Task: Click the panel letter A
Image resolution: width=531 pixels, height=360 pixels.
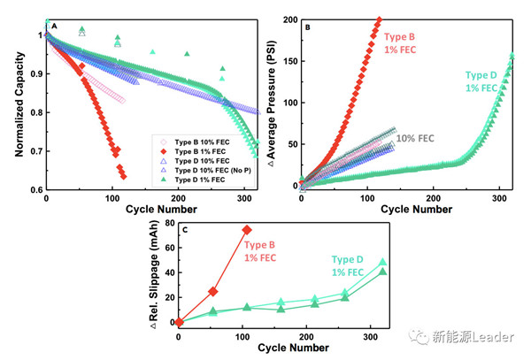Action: (x=55, y=26)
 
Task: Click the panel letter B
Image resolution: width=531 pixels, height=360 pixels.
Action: (x=306, y=27)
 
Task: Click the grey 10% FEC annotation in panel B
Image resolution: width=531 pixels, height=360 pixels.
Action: (x=413, y=138)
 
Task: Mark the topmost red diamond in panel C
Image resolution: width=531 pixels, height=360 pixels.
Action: (x=247, y=231)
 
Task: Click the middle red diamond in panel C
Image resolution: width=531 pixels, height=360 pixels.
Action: (x=213, y=291)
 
